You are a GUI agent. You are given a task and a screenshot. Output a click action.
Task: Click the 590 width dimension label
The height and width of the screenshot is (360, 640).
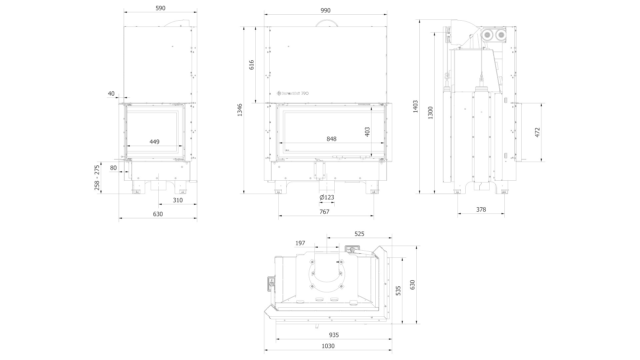[160, 8]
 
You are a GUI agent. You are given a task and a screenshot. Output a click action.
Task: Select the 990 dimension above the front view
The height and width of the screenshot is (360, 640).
[325, 11]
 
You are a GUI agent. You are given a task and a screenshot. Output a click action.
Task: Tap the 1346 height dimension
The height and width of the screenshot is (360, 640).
[240, 110]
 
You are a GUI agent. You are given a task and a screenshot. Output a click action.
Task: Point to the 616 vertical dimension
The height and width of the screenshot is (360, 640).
[251, 65]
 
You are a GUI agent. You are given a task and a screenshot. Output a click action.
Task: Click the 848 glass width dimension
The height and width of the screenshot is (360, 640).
[331, 139]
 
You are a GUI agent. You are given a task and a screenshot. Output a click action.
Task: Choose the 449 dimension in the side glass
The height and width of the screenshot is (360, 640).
[154, 142]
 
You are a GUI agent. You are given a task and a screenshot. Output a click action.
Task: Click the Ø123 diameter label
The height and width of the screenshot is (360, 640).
[327, 197]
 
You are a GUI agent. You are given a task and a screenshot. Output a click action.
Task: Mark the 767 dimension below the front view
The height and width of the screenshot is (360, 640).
[324, 212]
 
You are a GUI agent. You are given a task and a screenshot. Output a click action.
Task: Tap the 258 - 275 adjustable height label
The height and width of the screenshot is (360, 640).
[97, 178]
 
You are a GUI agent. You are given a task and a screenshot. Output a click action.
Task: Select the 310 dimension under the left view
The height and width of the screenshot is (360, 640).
[178, 200]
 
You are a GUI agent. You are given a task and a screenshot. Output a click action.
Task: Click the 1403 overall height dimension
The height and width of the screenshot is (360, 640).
[415, 106]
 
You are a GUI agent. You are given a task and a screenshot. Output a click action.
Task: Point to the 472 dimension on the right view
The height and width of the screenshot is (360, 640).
[537, 132]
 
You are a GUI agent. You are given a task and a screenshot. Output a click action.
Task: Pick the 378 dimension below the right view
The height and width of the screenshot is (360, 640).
[481, 210]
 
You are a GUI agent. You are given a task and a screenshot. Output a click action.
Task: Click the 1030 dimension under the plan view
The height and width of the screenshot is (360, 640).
[328, 346]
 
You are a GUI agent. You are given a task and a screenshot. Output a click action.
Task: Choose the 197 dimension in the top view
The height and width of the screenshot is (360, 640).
[300, 243]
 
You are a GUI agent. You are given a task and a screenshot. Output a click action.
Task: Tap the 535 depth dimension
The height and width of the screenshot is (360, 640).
[398, 291]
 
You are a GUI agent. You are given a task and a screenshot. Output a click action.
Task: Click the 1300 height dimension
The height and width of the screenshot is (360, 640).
[431, 113]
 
